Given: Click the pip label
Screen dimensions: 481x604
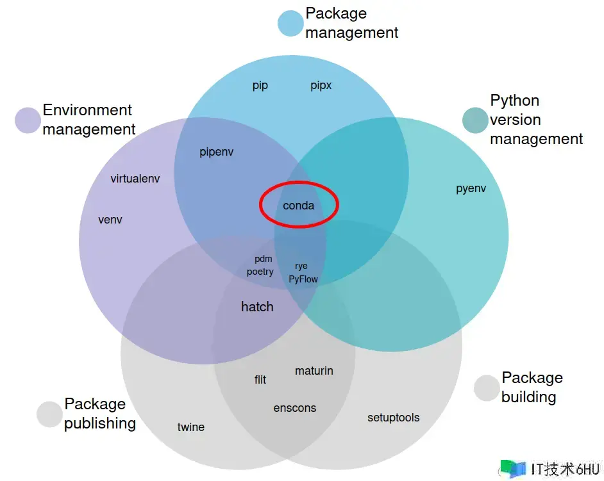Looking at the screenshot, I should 260,86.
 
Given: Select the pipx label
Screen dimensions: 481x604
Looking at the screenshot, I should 321,85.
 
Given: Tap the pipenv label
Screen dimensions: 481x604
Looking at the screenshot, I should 217,152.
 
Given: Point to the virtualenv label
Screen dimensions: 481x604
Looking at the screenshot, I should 135,179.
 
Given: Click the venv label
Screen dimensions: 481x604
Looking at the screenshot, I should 110,220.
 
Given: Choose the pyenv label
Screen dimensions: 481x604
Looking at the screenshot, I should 471,188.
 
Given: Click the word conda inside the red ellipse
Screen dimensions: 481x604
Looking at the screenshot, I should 299,206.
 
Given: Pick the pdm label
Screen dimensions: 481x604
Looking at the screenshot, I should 264,259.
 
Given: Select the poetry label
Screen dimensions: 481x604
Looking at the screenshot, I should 260,272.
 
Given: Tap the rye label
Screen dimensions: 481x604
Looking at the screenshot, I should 301,266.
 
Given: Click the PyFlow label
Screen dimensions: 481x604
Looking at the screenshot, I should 303,279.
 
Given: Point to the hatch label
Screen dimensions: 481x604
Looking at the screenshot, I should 257,307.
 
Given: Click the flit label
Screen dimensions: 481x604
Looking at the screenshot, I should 260,380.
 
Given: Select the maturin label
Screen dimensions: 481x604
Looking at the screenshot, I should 314,371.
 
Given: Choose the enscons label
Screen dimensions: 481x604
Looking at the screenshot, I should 295,408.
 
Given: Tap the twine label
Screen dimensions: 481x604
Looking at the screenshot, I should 191,427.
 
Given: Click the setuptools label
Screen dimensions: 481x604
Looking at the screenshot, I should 394,418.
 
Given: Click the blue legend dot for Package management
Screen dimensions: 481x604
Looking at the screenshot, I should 290,23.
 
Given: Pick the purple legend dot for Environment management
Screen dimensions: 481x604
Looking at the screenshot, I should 28,120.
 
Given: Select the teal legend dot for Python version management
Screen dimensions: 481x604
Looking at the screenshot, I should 475,120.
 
